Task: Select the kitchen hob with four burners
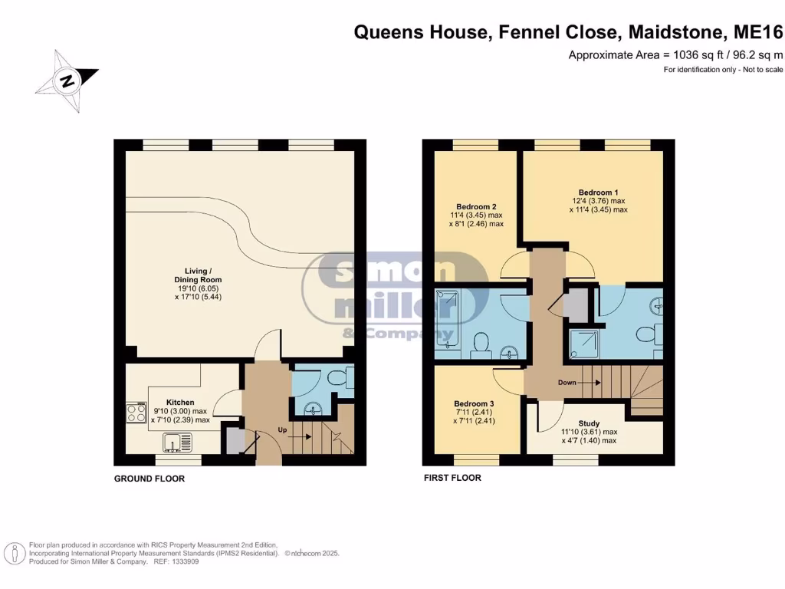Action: pos(136,413)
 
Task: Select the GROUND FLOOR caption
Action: pos(149,479)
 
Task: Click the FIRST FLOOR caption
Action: pos(452,478)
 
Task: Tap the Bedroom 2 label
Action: pos(476,206)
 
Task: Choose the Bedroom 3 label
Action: pos(473,403)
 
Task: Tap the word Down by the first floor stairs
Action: pos(567,382)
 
